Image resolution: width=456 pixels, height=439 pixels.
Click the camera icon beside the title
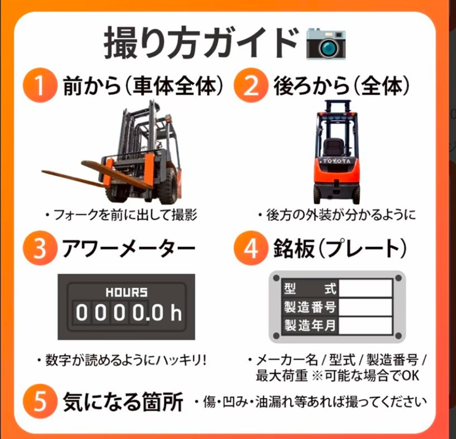[326, 44]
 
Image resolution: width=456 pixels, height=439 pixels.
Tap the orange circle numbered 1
[40, 86]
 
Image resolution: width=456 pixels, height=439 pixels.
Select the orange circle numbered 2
[251, 86]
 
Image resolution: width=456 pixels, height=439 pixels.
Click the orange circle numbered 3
[40, 248]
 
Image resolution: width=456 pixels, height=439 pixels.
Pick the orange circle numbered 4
[251, 248]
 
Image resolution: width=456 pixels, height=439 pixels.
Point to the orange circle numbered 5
[40, 402]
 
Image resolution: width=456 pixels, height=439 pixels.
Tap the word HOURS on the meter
[126, 293]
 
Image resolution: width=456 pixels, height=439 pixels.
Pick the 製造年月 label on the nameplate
[310, 325]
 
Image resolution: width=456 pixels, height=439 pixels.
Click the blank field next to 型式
[366, 288]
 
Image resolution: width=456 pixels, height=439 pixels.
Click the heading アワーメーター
[129, 249]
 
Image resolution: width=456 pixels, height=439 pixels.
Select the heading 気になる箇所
[123, 402]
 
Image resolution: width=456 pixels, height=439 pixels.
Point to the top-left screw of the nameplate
[276, 278]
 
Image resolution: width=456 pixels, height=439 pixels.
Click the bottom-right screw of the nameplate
[398, 336]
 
